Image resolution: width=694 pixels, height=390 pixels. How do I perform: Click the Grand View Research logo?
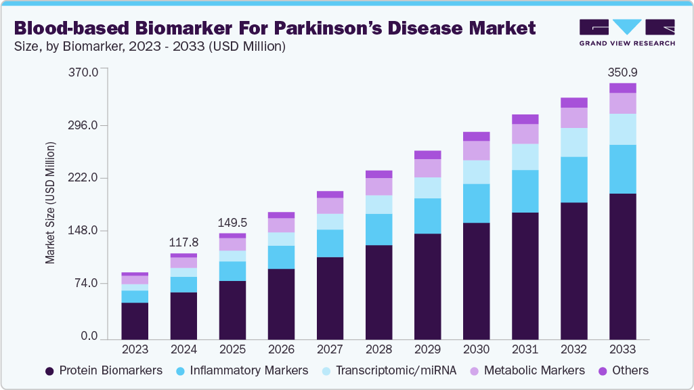point(626,32)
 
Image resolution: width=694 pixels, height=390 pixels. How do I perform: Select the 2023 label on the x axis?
point(135,349)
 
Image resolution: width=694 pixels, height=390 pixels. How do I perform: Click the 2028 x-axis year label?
point(378,349)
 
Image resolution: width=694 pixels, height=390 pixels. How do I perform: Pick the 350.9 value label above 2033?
point(623,72)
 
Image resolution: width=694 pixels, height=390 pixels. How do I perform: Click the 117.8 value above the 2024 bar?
point(183,242)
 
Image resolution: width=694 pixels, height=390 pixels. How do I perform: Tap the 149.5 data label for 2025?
point(232,223)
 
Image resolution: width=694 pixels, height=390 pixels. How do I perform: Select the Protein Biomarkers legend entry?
point(104,370)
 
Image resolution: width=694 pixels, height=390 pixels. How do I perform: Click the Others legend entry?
point(623,370)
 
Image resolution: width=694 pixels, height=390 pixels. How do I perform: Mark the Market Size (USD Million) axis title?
point(50,203)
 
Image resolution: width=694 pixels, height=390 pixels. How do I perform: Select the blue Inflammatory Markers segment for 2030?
point(476,203)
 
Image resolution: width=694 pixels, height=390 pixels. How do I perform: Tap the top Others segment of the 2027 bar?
point(330,194)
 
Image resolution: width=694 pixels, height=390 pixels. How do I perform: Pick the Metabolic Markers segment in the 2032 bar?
point(574,118)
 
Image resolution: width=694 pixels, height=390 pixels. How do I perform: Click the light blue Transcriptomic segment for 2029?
point(427,188)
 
